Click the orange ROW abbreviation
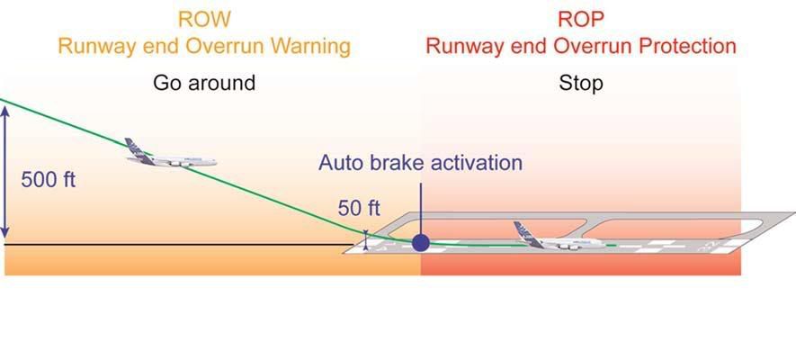tap(204, 19)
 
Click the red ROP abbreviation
tap(581, 19)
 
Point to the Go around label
tap(204, 83)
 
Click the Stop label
tap(581, 83)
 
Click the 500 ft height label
tap(49, 179)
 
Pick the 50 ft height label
tap(359, 208)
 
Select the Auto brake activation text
tap(420, 163)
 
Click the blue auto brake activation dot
tap(420, 242)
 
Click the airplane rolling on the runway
tap(559, 238)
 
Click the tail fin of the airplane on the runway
tap(523, 229)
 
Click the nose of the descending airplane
tap(214, 162)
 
